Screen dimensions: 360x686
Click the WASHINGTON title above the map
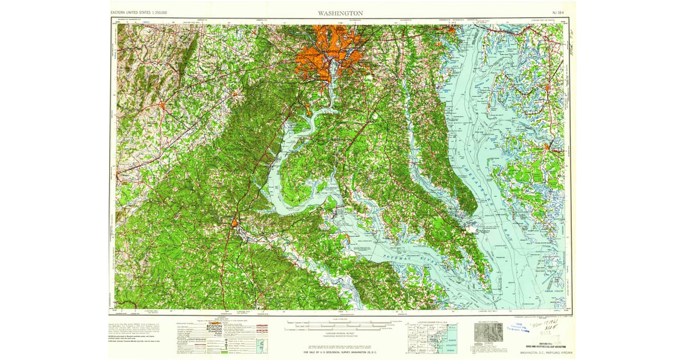tap(340, 13)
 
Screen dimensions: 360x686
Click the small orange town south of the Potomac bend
tap(235, 222)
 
